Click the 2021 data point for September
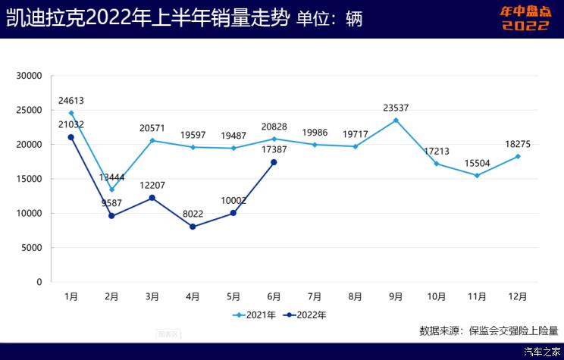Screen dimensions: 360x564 [396, 120]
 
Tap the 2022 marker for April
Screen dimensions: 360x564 [193, 227]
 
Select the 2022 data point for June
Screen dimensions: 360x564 [274, 162]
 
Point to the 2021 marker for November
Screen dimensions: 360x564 [477, 175]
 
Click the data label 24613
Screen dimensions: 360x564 [71, 100]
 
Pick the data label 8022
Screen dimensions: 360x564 [193, 214]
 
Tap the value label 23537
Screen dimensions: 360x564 [396, 108]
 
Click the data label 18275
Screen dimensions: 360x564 [518, 144]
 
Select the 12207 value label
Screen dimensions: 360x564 [152, 185]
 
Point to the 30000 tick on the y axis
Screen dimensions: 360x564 [30, 76]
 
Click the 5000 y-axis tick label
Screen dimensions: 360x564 [32, 248]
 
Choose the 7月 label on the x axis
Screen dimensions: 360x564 [315, 296]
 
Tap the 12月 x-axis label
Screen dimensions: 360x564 [518, 296]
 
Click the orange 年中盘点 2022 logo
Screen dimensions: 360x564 [524, 18]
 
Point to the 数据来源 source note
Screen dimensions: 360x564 [488, 330]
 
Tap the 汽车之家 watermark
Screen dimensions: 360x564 [543, 352]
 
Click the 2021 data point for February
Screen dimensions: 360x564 [112, 189]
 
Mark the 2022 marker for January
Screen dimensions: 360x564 [71, 137]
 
